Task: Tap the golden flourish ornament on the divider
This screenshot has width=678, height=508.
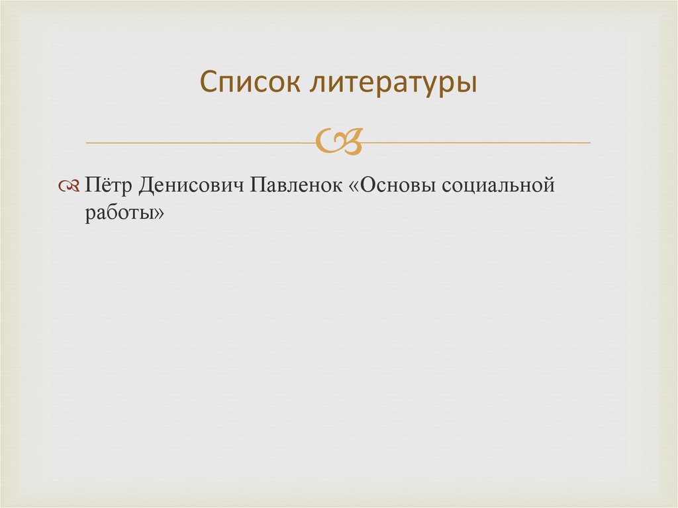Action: pyautogui.click(x=339, y=141)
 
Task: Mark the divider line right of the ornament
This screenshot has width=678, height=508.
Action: pyautogui.click(x=477, y=142)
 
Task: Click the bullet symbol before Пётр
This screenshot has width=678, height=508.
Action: pyautogui.click(x=69, y=187)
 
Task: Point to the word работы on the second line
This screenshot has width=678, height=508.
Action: pyautogui.click(x=119, y=213)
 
